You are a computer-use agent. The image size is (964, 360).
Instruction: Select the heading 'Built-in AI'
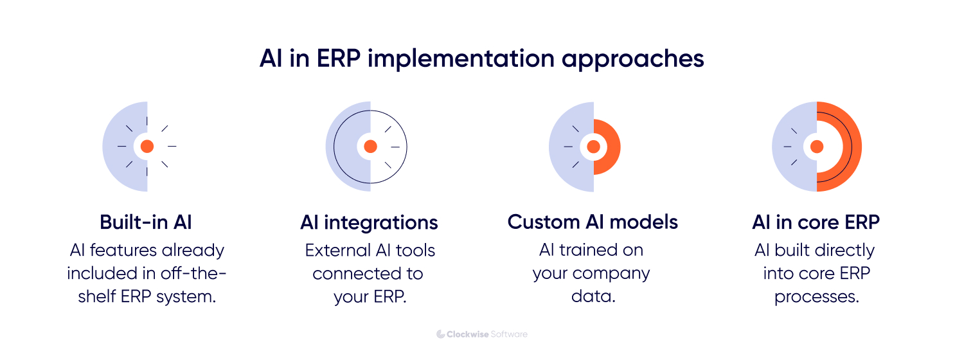tap(146, 222)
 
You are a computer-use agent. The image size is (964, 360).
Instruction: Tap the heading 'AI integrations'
tap(369, 222)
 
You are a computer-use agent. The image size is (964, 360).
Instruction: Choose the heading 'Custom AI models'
tap(593, 222)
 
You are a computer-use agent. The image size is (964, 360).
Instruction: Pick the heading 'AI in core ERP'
tap(816, 222)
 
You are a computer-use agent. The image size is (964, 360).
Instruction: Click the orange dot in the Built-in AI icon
tap(147, 147)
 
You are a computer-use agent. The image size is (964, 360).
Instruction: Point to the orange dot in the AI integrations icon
tap(370, 147)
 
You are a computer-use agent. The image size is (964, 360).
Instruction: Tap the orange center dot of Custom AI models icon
tap(593, 147)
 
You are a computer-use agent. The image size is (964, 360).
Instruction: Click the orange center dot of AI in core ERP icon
tap(817, 147)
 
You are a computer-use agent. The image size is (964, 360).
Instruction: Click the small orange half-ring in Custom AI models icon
tap(613, 147)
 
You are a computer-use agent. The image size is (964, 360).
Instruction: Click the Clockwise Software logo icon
tap(441, 334)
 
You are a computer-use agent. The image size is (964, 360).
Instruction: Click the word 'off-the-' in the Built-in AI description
tap(199, 274)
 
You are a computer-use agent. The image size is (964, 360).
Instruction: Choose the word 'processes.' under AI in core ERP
tap(816, 298)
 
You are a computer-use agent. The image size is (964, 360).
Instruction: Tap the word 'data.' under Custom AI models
tap(593, 298)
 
